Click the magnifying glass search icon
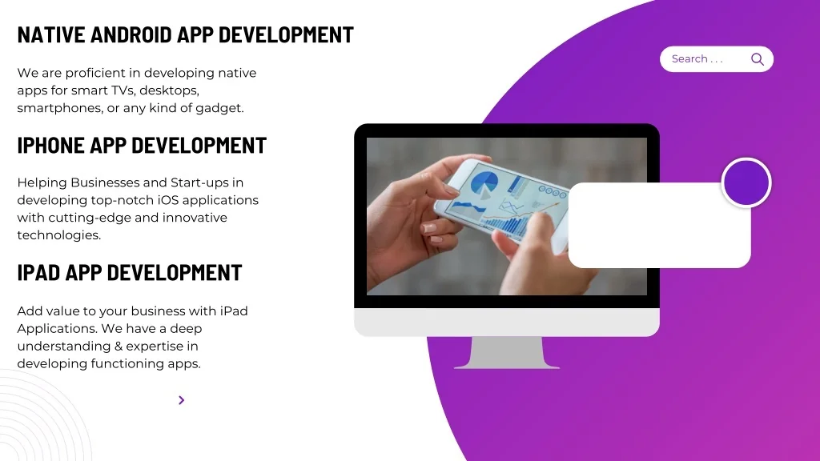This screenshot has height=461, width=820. click(x=758, y=59)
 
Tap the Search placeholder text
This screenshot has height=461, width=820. click(x=697, y=58)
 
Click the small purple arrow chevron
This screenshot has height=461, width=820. click(x=182, y=400)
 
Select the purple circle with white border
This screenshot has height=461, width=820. click(x=746, y=182)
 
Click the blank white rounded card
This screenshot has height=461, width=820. click(x=660, y=225)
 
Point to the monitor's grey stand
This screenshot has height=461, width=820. click(x=507, y=353)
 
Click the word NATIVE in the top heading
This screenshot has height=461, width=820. click(x=50, y=34)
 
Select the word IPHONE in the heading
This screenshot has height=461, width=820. click(x=50, y=146)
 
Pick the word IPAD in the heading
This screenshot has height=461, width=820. click(x=38, y=273)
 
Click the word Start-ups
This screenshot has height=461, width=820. click(x=199, y=183)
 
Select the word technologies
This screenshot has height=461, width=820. click(x=59, y=235)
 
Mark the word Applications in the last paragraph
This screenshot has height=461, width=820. click(x=57, y=329)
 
